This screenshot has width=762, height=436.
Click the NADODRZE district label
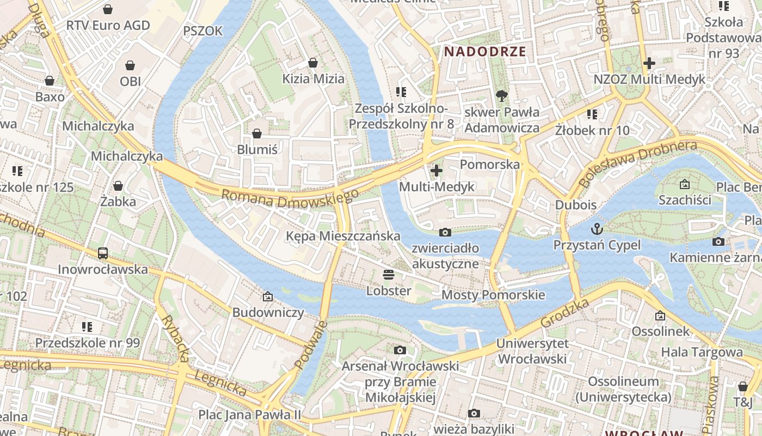click(485, 52)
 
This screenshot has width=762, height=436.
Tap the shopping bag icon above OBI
click(130, 65)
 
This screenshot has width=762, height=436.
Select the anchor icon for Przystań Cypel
click(597, 228)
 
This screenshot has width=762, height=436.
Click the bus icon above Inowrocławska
click(103, 253)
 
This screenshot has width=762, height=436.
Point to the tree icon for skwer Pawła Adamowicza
click(501, 96)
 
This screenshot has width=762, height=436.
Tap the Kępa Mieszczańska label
click(343, 236)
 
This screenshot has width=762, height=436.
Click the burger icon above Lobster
click(388, 274)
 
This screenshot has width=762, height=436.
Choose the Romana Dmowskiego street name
click(290, 198)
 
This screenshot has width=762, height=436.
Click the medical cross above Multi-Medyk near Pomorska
click(436, 171)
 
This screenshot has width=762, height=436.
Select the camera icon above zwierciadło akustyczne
click(445, 232)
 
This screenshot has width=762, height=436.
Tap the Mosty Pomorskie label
click(493, 295)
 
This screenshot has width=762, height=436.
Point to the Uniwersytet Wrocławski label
click(532, 352)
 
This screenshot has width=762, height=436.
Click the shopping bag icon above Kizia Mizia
click(313, 63)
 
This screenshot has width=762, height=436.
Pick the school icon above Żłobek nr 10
click(592, 114)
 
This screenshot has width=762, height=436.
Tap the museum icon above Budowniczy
click(267, 296)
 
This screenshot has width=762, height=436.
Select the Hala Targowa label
click(702, 352)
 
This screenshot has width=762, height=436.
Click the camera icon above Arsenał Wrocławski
click(400, 350)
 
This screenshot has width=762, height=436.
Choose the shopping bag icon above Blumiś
click(257, 134)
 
